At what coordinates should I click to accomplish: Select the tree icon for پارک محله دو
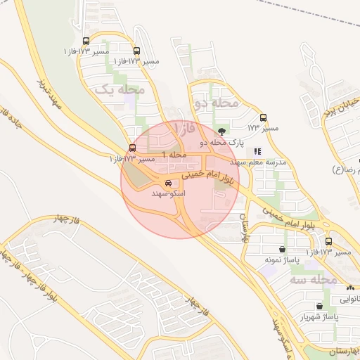coord(223,131)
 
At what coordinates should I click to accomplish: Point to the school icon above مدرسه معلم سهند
coord(257,150)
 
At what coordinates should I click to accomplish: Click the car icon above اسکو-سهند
coord(167,183)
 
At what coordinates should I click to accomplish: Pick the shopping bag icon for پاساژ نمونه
coord(282,249)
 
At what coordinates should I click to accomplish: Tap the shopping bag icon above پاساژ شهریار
coord(320,306)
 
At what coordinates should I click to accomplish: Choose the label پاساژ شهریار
coord(320,317)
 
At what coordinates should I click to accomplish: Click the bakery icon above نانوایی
coord(349,288)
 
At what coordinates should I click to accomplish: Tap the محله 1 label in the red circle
coord(174,154)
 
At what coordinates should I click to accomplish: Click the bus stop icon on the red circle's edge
coord(132,148)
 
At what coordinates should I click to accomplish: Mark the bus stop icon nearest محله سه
coord(328,241)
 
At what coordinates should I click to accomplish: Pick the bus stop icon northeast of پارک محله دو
coord(264,117)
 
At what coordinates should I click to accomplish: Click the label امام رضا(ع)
coord(351,170)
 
